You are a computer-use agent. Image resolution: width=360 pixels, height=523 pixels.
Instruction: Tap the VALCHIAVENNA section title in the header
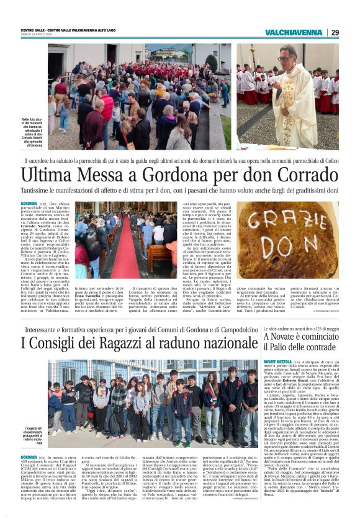295,32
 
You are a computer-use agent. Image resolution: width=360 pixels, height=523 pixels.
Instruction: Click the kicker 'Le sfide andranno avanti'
300,326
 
